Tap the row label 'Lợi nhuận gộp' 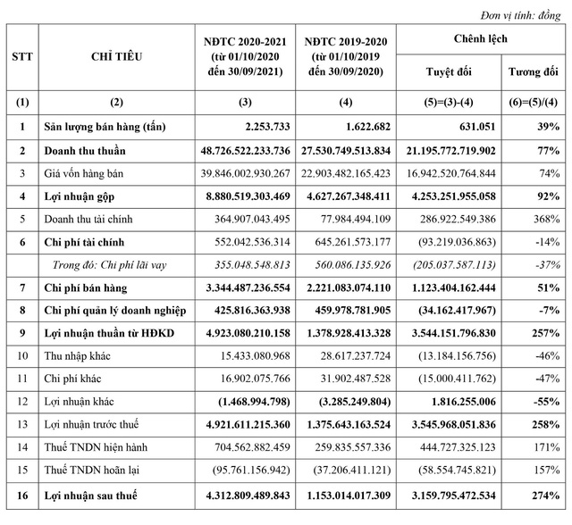coord(84,196)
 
